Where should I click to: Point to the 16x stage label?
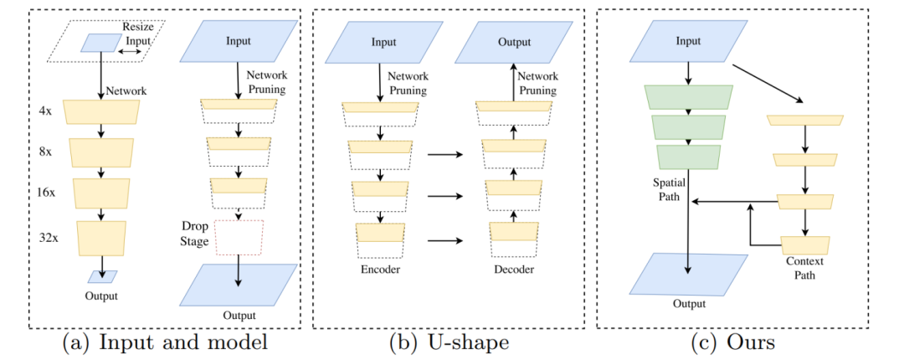tap(49, 191)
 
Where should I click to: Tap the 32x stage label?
tap(49, 237)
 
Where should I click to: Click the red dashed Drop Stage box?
tap(239, 237)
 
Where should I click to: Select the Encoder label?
tap(379, 270)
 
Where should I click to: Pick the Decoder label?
tap(512, 270)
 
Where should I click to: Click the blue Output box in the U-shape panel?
tap(512, 42)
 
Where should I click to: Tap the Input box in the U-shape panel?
tap(383, 42)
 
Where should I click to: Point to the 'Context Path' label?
tap(804, 268)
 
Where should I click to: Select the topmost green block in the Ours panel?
tap(688, 97)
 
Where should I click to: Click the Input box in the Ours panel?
tap(687, 42)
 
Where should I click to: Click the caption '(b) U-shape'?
tap(448, 343)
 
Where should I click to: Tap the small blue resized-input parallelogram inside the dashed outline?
tap(100, 43)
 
